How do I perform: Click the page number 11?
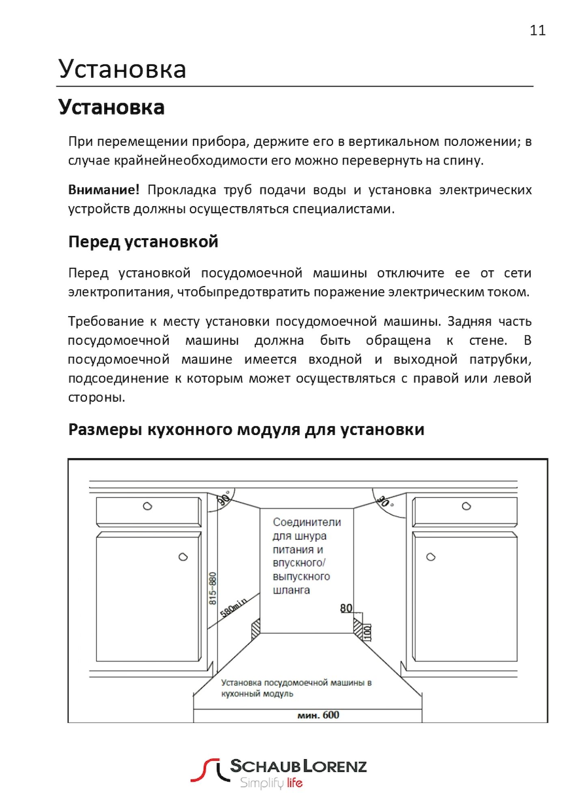coord(537,31)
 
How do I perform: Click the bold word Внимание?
coord(104,190)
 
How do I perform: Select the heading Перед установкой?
coord(143,242)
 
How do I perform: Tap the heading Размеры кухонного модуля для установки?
coord(246,429)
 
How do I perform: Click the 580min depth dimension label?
coord(233,608)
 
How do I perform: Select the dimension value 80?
coord(346,608)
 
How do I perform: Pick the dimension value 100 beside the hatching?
coord(367,632)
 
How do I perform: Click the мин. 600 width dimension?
coord(318,715)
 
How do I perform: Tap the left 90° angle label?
coord(224,498)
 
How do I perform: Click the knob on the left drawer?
coord(147,506)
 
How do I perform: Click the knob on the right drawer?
coord(466,506)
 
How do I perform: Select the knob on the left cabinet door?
coord(183,557)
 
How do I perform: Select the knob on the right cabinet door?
coord(431,557)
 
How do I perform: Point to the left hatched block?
coord(255,629)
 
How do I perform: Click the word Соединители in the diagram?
coord(307,522)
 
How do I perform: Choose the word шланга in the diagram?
coord(291,590)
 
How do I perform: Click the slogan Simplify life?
coord(271,782)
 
